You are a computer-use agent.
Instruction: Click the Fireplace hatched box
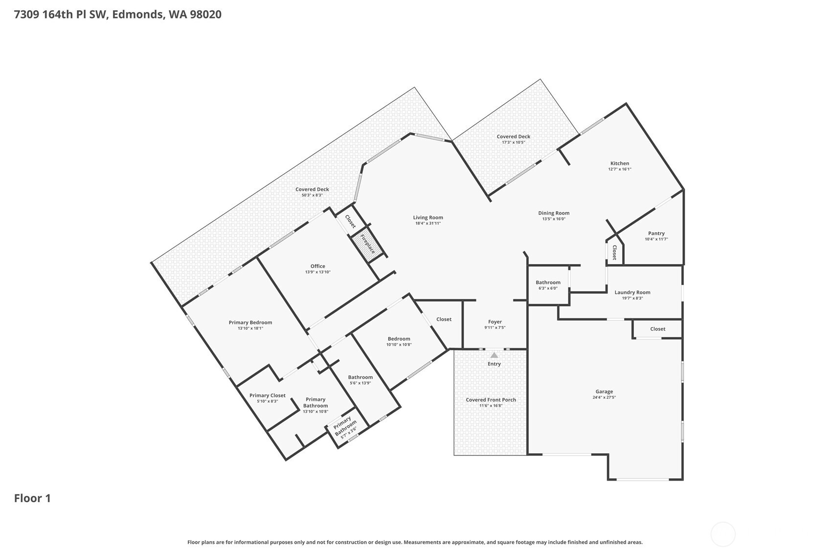point(367,244)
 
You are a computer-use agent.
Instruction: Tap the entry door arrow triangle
point(494,355)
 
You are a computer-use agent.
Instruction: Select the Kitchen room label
point(619,163)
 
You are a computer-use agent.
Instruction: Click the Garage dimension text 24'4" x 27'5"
point(604,398)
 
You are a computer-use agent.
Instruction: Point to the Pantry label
point(656,233)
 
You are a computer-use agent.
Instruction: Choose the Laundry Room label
point(632,292)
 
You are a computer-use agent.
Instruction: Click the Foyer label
point(494,322)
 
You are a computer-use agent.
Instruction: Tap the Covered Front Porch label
point(491,399)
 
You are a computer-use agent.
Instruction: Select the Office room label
point(317,266)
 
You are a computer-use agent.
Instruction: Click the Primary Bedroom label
point(250,322)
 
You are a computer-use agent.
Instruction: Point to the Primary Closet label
point(267,396)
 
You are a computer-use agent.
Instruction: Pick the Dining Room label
point(554,213)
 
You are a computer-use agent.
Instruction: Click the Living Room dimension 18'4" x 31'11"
point(428,223)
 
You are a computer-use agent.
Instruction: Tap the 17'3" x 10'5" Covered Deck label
point(513,142)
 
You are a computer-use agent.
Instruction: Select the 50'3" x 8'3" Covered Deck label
point(312,195)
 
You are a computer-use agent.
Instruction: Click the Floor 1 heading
point(32,498)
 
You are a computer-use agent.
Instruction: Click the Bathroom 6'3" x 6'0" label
point(548,282)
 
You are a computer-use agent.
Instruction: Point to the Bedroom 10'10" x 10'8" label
point(399,338)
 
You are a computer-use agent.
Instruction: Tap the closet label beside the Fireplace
point(350,221)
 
